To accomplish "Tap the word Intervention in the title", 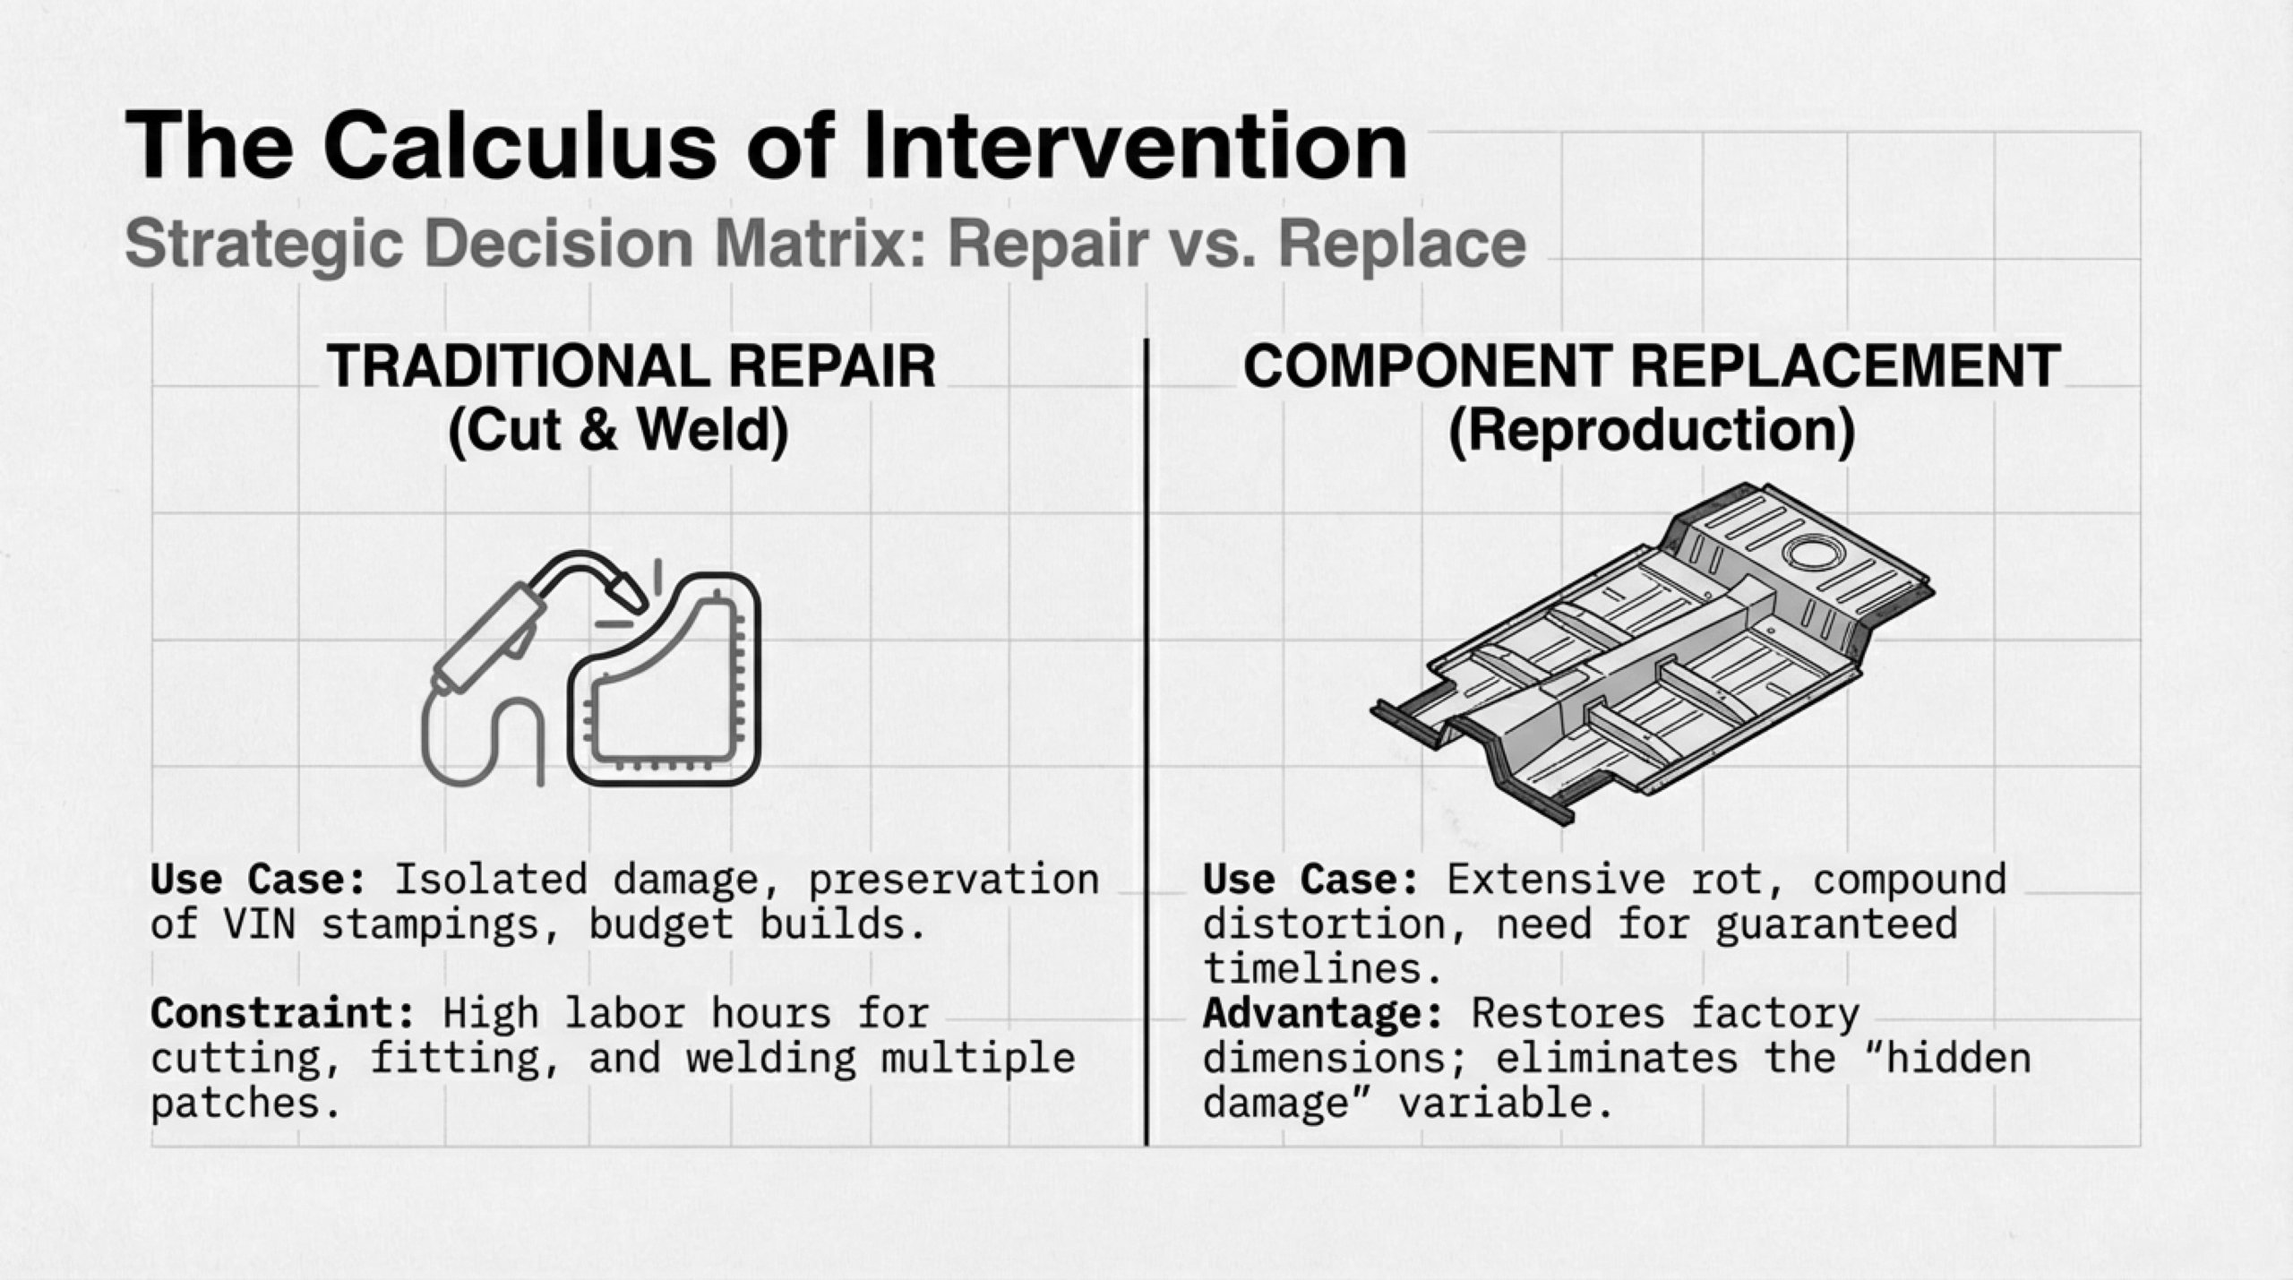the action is [x=1135, y=146].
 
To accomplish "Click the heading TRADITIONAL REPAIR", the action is [x=631, y=366].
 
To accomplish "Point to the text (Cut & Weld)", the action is [x=618, y=431].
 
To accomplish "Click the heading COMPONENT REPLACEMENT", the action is [x=1653, y=366].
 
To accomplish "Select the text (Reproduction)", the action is [x=1652, y=432].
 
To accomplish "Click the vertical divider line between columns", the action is [x=1146, y=742].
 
